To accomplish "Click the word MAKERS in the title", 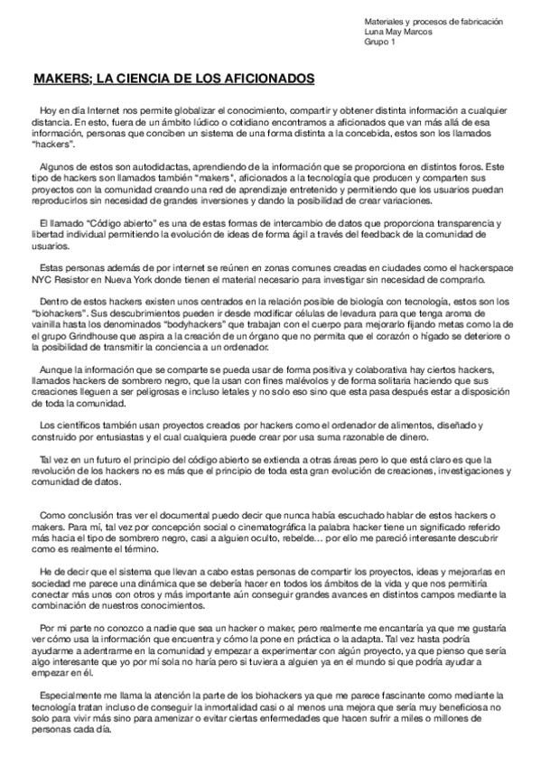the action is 57,79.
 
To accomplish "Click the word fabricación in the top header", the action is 478,21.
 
